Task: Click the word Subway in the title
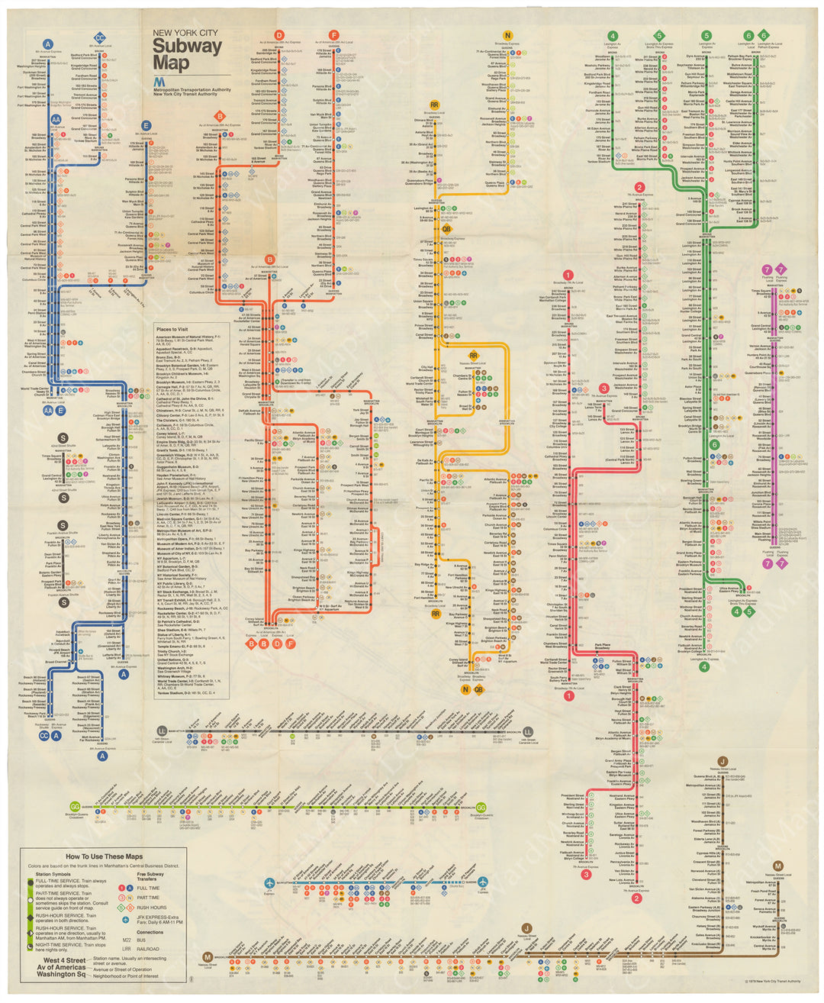[187, 46]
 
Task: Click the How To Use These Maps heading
[103, 856]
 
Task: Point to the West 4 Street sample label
[64, 960]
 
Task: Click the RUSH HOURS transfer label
[153, 908]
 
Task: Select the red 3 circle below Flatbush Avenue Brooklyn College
[586, 875]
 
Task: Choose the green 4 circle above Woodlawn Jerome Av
[613, 36]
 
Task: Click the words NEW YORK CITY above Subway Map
[185, 33]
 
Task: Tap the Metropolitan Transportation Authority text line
[192, 89]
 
